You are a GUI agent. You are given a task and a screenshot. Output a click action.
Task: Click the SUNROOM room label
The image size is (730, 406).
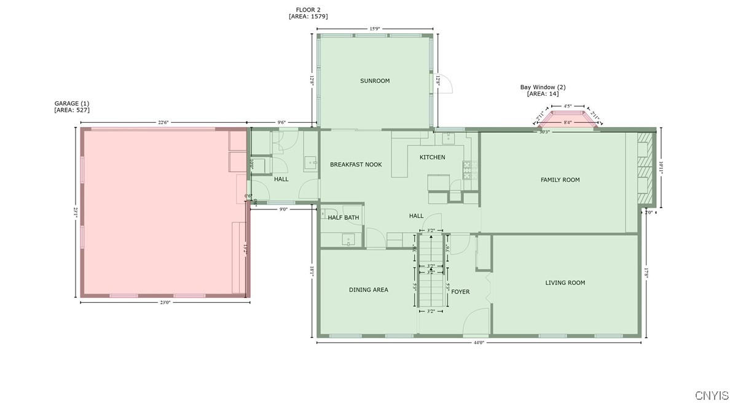pos(375,81)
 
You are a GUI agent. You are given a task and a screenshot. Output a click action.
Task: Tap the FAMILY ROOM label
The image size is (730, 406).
pos(560,180)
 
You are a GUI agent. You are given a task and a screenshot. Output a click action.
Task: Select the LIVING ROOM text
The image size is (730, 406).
pos(565,283)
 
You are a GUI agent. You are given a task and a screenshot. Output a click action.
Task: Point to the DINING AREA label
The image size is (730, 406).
pos(368,290)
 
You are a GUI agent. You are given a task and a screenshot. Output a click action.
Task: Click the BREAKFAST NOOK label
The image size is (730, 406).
pos(356,165)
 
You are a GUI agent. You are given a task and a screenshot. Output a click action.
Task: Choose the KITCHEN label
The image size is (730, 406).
pos(432,158)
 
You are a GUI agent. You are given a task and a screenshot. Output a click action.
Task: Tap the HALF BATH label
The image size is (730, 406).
pos(343,217)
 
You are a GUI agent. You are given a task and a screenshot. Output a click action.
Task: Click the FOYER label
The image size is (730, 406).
pos(460,292)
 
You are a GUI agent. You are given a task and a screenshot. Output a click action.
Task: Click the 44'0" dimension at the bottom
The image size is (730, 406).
pos(479,343)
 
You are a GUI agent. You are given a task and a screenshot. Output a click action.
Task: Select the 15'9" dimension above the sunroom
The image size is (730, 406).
pos(374,28)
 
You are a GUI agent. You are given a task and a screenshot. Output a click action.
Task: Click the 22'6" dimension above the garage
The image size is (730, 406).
pos(163,122)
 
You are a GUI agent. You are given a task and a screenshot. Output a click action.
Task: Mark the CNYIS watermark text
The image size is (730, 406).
pos(712,395)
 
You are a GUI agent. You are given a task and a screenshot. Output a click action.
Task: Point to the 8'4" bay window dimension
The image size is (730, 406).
pos(568,122)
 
